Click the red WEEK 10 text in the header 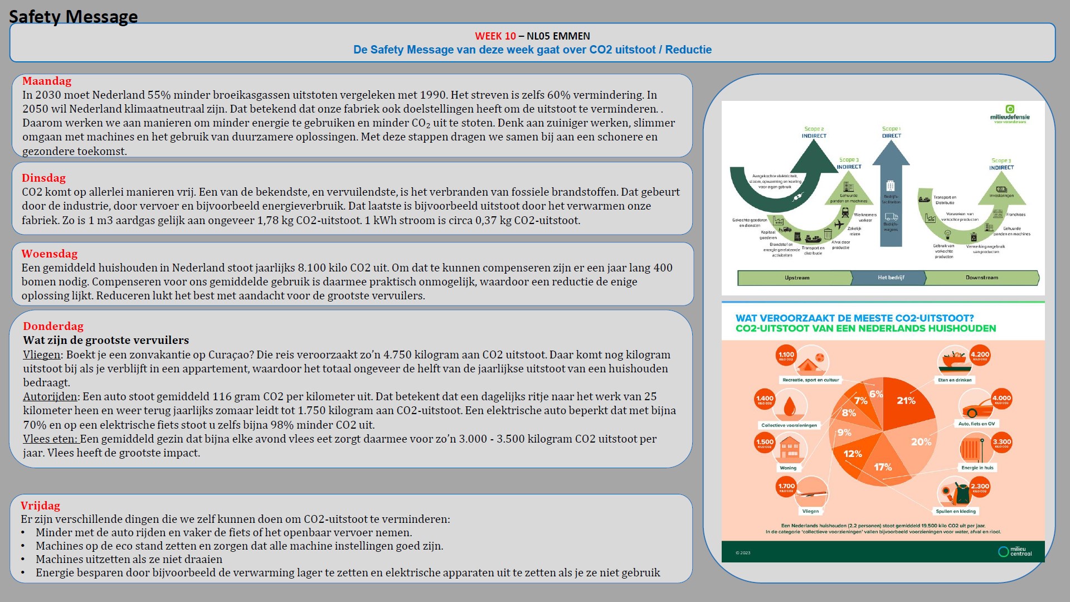[x=495, y=36]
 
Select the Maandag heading [x=47, y=81]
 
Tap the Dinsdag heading [x=43, y=178]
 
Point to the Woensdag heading [x=50, y=254]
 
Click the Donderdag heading [x=53, y=327]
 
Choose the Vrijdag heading [x=40, y=506]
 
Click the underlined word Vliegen [x=41, y=355]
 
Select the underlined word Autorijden [x=50, y=397]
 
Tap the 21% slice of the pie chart [x=906, y=401]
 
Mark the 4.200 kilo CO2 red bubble [x=980, y=355]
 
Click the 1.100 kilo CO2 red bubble [x=786, y=355]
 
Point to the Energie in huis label [x=977, y=468]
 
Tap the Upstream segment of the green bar [x=796, y=278]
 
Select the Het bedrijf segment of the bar [x=891, y=278]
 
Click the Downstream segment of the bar [x=981, y=278]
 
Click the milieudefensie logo [x=1010, y=114]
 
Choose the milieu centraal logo [x=1015, y=551]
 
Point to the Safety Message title [x=73, y=17]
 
